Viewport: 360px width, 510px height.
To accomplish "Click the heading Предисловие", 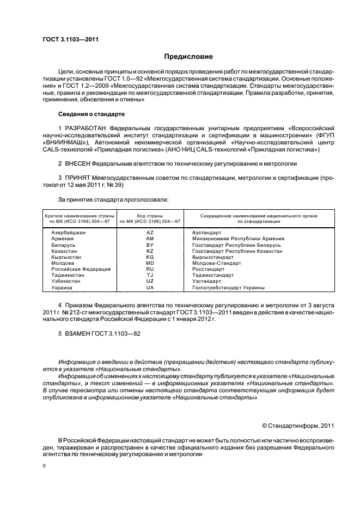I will (x=189, y=57).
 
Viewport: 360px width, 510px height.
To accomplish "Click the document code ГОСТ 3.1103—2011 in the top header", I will (x=70, y=39).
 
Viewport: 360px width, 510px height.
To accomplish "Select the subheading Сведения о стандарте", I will (x=91, y=114).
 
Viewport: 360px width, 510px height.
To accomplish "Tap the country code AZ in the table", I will (x=150, y=233).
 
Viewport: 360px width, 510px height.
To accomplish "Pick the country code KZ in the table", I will (x=150, y=251).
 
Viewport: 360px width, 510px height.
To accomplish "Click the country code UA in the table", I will (x=150, y=287).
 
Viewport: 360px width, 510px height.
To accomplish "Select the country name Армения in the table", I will (x=63, y=239).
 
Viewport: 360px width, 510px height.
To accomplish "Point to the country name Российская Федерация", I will (x=81, y=269).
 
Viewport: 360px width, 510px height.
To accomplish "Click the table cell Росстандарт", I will (x=208, y=269).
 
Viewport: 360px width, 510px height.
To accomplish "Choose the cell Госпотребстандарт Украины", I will (x=228, y=287).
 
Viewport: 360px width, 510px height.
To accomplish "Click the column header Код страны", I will (x=150, y=216).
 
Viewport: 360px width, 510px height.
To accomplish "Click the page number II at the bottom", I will (x=45, y=466).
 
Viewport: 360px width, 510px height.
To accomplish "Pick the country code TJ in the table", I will (x=150, y=275).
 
